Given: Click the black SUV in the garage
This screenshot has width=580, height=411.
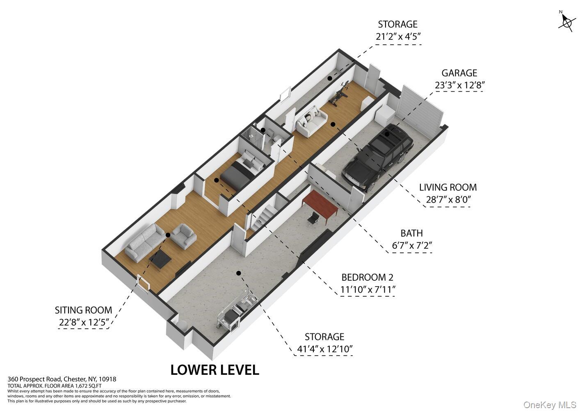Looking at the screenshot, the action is tap(377, 158).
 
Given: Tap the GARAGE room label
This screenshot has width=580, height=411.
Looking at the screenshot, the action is tap(459, 73).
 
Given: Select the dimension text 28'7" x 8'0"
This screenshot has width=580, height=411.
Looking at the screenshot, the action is tap(448, 199).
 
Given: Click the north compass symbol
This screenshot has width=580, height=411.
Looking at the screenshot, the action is tap(566, 23).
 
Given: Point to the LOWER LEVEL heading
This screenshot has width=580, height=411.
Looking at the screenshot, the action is tap(215, 370).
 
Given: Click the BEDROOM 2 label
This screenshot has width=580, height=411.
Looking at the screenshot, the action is tap(367, 277).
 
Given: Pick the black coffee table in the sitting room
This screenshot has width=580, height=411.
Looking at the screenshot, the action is tap(160, 259).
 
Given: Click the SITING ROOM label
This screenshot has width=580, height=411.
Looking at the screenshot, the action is tap(83, 310).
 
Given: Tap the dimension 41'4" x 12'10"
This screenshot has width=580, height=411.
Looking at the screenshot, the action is tap(325, 349).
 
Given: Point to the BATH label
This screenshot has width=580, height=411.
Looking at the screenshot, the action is tap(411, 233).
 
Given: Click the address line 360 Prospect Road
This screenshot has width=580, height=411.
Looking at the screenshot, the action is tap(62, 379).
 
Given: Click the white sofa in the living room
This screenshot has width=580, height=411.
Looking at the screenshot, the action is tap(311, 121).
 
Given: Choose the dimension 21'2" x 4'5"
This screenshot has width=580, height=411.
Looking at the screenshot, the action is tap(398, 37).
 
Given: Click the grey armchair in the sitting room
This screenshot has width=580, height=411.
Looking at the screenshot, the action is tap(184, 236).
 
